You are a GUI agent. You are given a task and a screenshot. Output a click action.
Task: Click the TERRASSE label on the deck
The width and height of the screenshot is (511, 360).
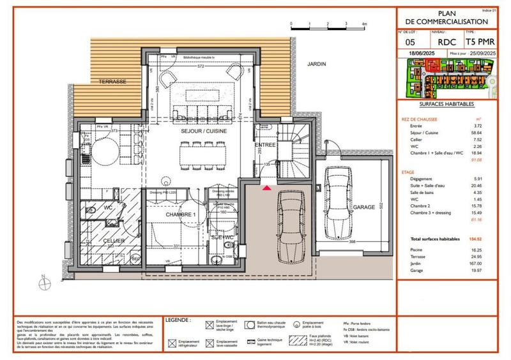tap(112, 82)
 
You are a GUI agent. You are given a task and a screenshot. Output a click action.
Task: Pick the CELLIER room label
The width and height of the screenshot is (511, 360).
tap(112, 240)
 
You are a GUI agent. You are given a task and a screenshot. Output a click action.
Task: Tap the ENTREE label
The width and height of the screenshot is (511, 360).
tap(266, 146)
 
